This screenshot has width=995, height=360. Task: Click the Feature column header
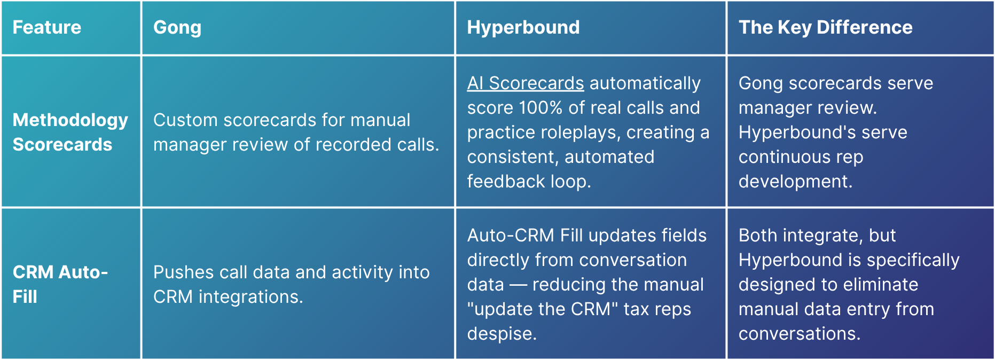click(x=47, y=27)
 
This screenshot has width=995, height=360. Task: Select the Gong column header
click(x=177, y=28)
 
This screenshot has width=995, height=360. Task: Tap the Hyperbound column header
click(x=523, y=28)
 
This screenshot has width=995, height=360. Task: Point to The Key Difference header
click(x=826, y=28)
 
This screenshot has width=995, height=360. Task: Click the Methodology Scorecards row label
click(x=70, y=132)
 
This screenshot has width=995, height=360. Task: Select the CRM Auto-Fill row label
click(x=60, y=284)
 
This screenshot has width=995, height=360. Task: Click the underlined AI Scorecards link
click(x=526, y=83)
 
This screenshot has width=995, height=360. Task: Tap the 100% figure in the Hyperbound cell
click(x=540, y=108)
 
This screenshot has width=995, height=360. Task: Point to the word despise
click(x=502, y=334)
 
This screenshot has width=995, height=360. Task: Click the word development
click(x=795, y=182)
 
